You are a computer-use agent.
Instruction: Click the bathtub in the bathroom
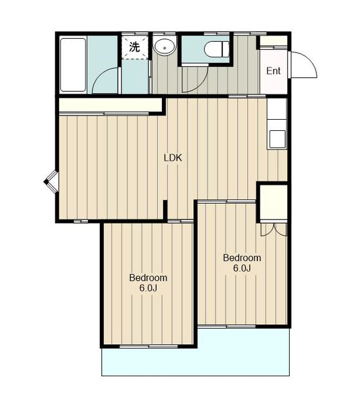[73, 65]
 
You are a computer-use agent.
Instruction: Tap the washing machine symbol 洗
[135, 47]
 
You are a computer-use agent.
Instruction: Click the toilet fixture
[217, 49]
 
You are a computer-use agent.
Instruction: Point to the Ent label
[273, 70]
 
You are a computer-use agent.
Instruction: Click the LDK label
[173, 158]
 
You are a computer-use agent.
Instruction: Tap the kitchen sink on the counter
[277, 138]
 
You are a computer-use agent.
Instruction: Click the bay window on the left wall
[51, 181]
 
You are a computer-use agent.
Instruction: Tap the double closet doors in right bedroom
[273, 229]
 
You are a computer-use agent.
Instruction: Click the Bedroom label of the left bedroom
[148, 277]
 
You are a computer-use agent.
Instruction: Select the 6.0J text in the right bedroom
[242, 268]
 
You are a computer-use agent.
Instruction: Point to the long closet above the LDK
[111, 105]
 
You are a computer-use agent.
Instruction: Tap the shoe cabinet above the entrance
[273, 41]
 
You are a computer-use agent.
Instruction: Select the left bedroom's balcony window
[149, 346]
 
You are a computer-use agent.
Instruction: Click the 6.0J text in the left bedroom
[148, 287]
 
